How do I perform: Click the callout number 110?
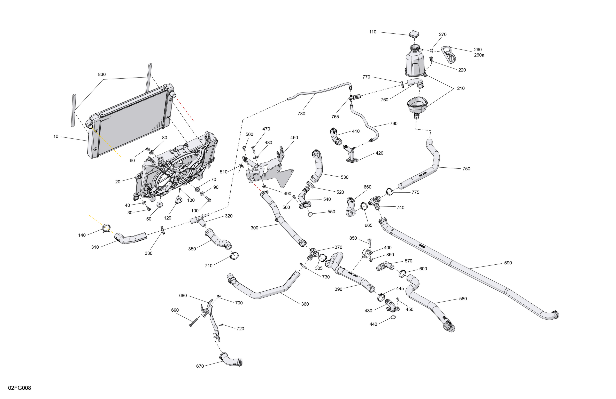[373, 32]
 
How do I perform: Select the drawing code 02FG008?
[20, 388]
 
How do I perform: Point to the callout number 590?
[508, 263]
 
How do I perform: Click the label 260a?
[479, 55]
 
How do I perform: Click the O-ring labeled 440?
[393, 317]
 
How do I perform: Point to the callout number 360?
[305, 304]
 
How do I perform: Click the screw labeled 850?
[370, 243]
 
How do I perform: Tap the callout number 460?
[294, 138]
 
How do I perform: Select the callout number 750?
[466, 169]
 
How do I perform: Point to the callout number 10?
[56, 137]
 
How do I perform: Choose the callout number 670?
[200, 366]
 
